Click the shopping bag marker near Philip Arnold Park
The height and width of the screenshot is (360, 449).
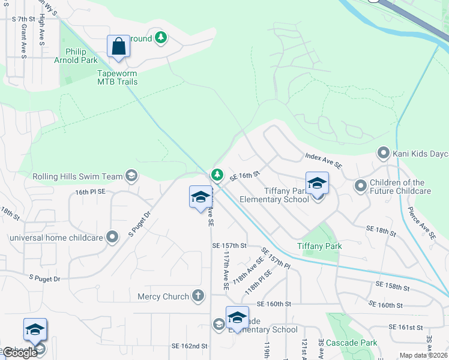(118, 47)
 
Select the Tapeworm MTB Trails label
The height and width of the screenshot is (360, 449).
(118, 77)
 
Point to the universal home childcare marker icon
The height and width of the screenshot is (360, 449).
(112, 237)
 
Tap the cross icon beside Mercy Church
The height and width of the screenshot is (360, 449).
(198, 296)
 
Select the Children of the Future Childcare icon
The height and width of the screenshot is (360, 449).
(360, 186)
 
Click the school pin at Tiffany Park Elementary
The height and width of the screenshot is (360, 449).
(317, 184)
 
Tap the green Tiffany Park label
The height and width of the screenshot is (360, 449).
(319, 246)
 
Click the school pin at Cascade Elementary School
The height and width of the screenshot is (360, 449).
(237, 318)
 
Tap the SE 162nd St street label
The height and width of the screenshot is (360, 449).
(189, 346)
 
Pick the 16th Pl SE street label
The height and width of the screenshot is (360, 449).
(91, 191)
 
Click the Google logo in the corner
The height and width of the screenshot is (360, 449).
(20, 353)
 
